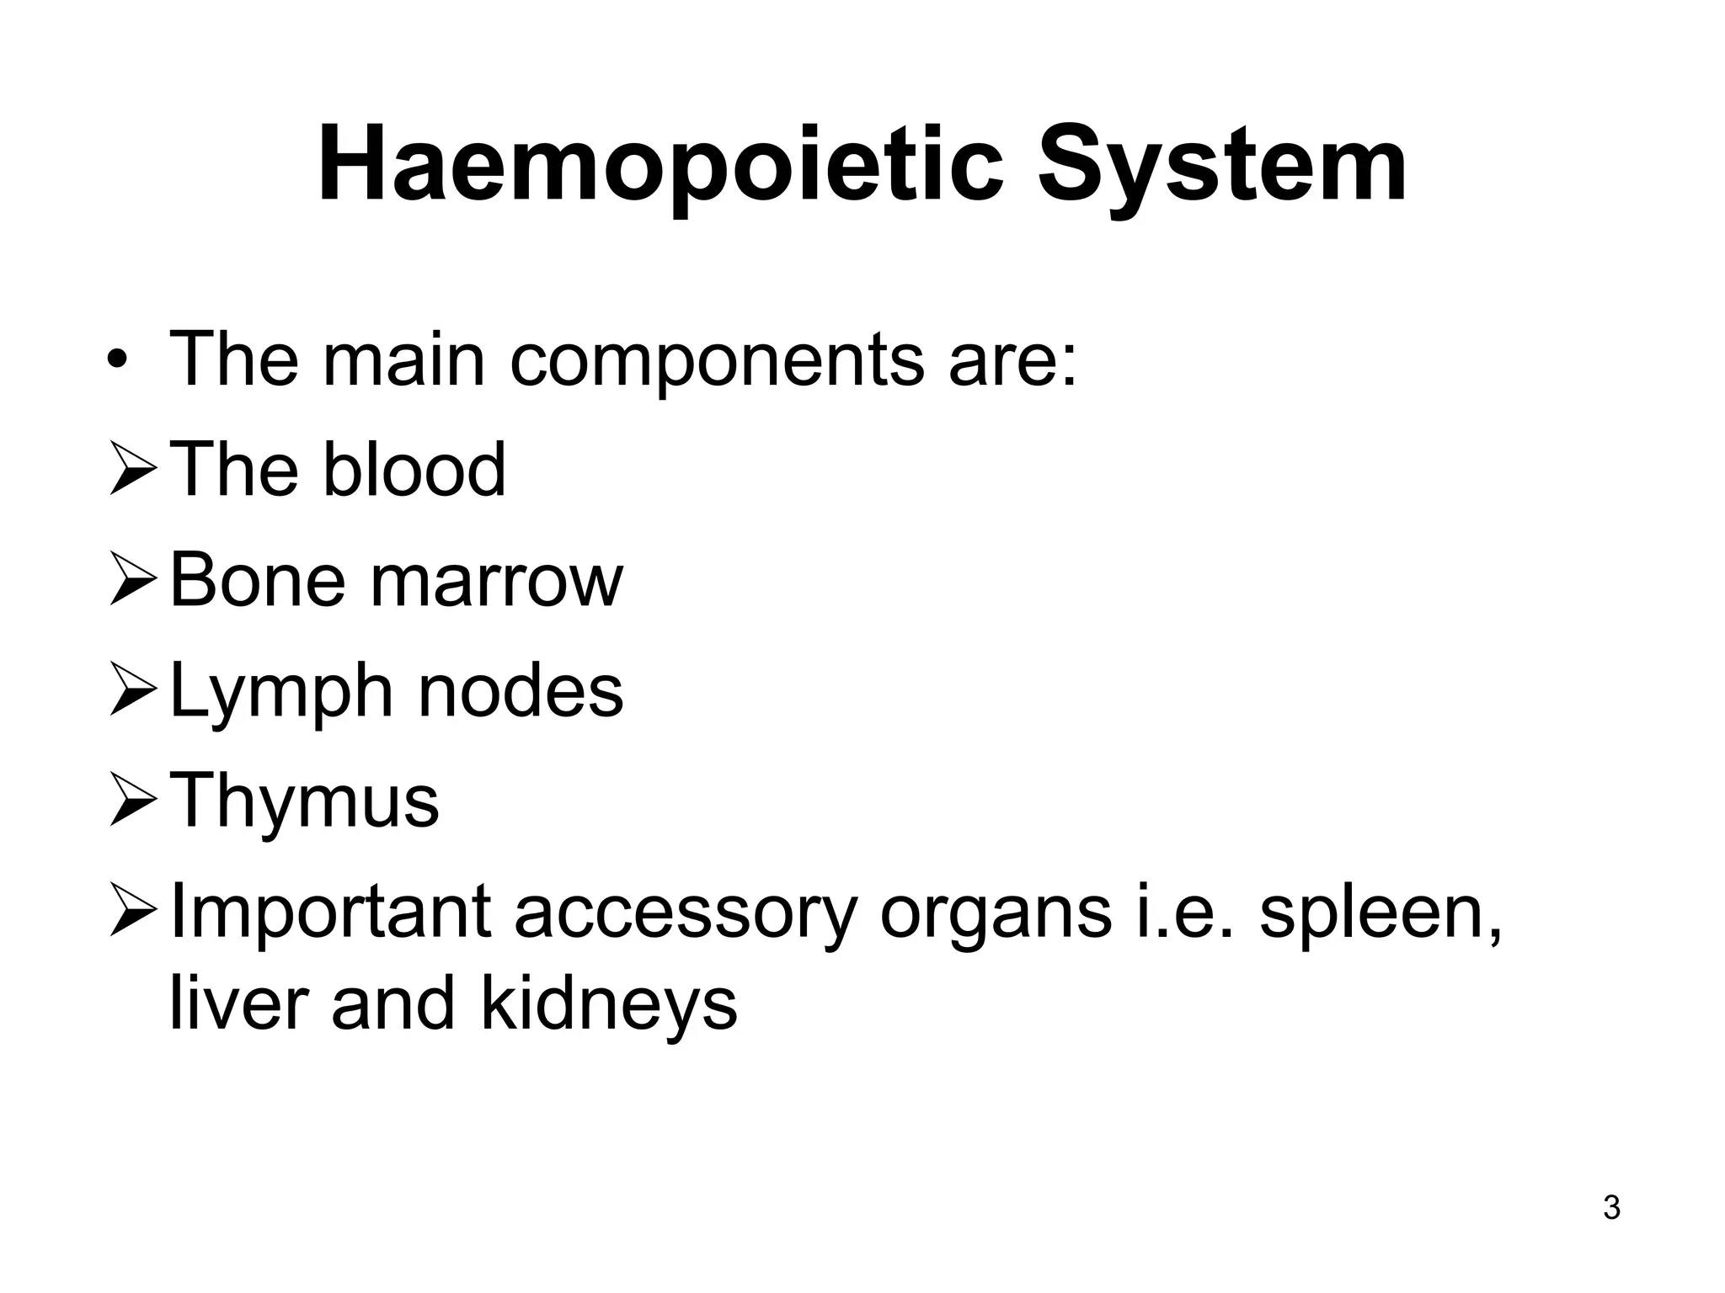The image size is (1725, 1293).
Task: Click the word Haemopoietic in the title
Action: tap(661, 164)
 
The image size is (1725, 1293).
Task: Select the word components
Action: tap(717, 360)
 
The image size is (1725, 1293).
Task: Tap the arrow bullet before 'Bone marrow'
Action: tap(132, 582)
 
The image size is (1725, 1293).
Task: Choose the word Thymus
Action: tap(304, 801)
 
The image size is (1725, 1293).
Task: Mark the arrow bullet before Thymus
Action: tap(132, 802)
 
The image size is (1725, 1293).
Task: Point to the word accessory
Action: tap(685, 913)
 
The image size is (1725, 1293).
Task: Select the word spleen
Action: tap(1380, 913)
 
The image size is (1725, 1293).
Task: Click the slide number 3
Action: tap(1611, 1207)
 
